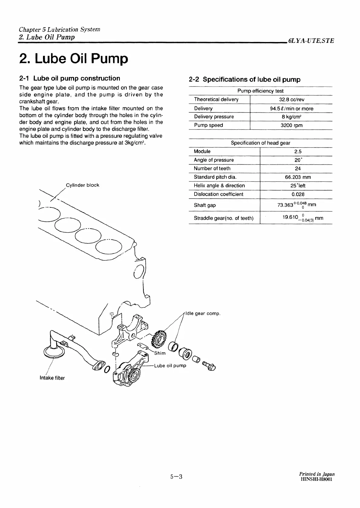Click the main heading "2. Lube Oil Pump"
pyautogui.click(x=74, y=59)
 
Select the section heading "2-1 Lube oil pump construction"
pyautogui.click(x=69, y=78)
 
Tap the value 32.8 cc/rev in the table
pyautogui.click(x=291, y=99)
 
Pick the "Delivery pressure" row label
pyautogui.click(x=214, y=117)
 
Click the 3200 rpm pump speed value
pyautogui.click(x=291, y=125)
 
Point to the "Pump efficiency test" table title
pyautogui.click(x=260, y=91)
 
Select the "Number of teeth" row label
pyautogui.click(x=212, y=168)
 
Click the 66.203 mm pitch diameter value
pyautogui.click(x=298, y=177)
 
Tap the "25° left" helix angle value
pyautogui.click(x=298, y=186)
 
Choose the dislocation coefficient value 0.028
pyautogui.click(x=298, y=194)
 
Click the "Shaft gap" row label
pyautogui.click(x=205, y=205)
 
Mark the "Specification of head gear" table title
pyautogui.click(x=260, y=143)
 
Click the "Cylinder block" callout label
pyautogui.click(x=83, y=185)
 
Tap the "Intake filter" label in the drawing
pyautogui.click(x=52, y=378)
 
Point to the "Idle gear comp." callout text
pyautogui.click(x=203, y=314)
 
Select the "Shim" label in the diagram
pyautogui.click(x=160, y=353)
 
